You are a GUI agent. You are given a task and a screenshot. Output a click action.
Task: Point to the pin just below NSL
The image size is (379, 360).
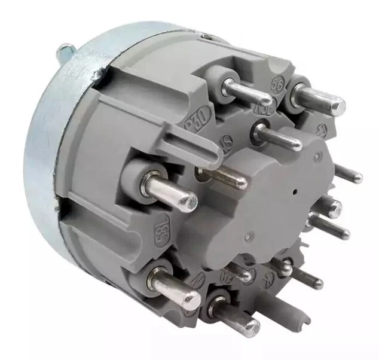(278, 138)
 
